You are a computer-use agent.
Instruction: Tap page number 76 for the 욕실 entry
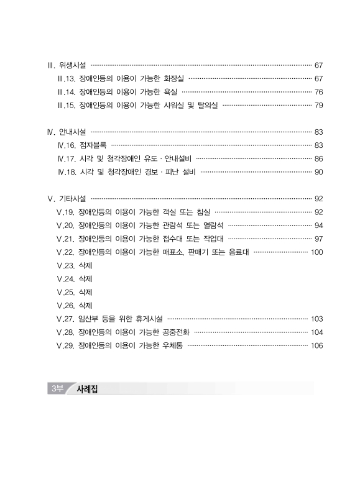318,92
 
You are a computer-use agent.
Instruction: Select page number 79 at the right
318,106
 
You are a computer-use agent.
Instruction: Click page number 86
318,158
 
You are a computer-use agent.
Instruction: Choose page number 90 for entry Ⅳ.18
318,172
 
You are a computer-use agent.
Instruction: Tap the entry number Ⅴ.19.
65,212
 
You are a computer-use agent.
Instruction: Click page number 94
318,226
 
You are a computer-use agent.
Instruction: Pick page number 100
316,252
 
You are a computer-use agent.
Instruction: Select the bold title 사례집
88,390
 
